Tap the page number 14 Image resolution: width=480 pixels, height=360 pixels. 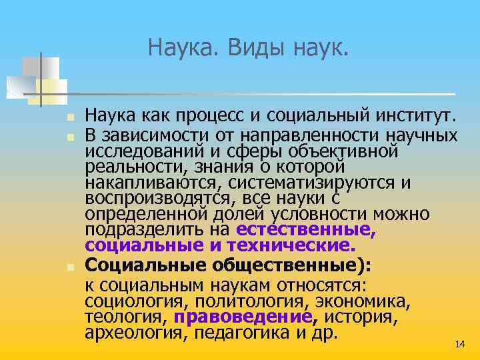(459, 344)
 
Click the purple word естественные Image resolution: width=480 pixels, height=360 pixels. (307, 230)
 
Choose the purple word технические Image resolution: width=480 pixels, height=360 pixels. (295, 245)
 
